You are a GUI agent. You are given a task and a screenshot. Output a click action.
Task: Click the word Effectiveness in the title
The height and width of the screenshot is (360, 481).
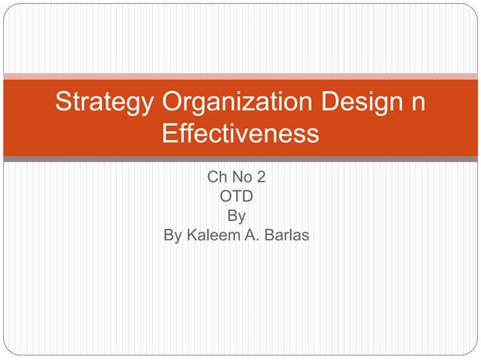tap(240, 135)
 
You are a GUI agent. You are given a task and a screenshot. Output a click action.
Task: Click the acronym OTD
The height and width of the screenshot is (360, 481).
tap(237, 198)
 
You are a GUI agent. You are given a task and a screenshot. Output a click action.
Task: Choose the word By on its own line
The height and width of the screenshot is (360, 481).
tap(237, 217)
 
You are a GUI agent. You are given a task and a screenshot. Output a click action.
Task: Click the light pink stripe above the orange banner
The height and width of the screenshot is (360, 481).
tap(240, 76)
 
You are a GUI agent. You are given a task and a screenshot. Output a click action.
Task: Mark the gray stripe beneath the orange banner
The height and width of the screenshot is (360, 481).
tap(240, 159)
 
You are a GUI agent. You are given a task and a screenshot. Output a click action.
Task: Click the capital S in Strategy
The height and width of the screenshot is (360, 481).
tap(63, 103)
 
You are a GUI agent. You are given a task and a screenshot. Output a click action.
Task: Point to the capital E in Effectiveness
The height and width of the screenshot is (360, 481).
tap(170, 135)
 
